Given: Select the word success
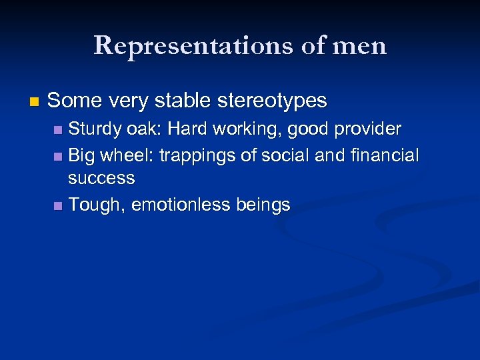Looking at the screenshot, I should point(101,179).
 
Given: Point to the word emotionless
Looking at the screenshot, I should point(179,205).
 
